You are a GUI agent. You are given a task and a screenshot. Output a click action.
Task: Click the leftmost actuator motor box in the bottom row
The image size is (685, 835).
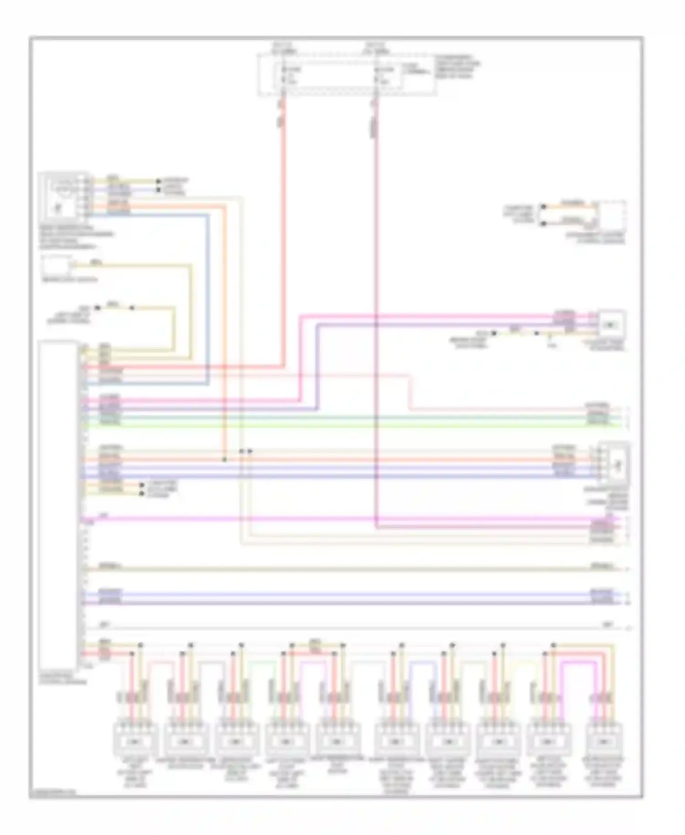[x=135, y=741]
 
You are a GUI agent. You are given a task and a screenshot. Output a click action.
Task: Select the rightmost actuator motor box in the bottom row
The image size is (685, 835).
[x=606, y=741]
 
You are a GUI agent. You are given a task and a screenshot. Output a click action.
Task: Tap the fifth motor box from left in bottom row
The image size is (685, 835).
[x=337, y=741]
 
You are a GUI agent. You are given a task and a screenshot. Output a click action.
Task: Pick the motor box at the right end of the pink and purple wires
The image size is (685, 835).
[x=611, y=325]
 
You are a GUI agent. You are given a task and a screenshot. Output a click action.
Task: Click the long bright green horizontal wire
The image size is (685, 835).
[x=347, y=426]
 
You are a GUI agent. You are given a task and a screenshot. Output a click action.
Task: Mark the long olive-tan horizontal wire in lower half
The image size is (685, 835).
[x=347, y=569]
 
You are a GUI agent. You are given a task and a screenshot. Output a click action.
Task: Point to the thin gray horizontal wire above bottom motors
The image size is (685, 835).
[x=347, y=629]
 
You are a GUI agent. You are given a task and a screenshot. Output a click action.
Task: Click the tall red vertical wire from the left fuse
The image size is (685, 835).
[x=283, y=228]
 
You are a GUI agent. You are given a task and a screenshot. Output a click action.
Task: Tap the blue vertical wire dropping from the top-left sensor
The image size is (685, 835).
[x=208, y=297]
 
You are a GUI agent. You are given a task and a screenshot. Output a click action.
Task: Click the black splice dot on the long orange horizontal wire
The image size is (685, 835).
[x=224, y=460]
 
